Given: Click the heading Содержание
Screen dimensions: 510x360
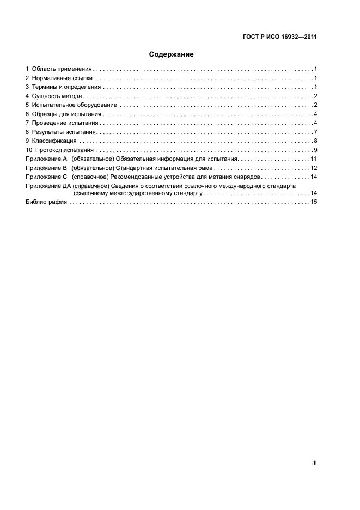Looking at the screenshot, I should pos(172,54).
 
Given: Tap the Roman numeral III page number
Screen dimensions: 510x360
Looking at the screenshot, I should pos(314,463).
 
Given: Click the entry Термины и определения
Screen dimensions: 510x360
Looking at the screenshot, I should pos(66,87).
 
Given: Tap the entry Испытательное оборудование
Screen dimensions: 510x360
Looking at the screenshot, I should pos(75,105).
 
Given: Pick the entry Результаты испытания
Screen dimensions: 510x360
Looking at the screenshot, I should pos(64,132).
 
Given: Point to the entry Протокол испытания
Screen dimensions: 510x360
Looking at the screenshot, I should pos(65,150).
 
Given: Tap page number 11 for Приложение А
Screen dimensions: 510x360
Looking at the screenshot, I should pos(314,159).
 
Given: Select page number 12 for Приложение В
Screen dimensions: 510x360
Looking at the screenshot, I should pos(314,168).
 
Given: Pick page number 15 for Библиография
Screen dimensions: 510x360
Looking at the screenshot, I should pos(314,202).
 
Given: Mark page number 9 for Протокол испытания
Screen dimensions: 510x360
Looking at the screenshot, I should pos(315,150).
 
